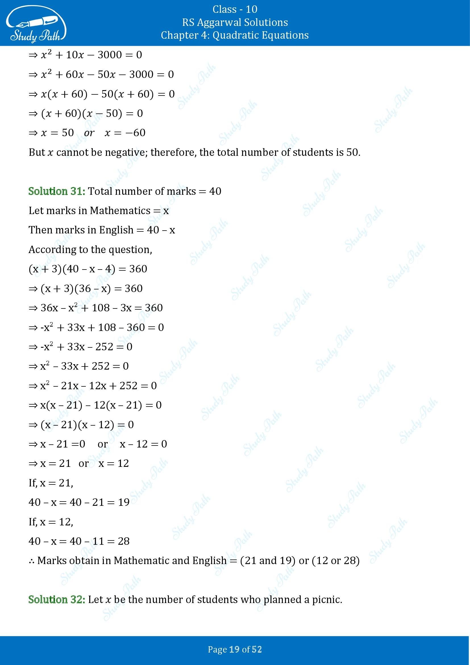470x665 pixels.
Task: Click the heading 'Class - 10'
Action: pyautogui.click(x=235, y=9)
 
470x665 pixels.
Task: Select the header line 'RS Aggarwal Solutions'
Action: pyautogui.click(x=235, y=22)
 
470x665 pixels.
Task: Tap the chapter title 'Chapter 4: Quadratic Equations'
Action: pyautogui.click(x=235, y=35)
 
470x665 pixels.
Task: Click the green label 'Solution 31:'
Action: pyautogui.click(x=57, y=191)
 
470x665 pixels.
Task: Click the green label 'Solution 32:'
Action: pyautogui.click(x=57, y=599)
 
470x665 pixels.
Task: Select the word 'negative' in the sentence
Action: pyautogui.click(x=126, y=152)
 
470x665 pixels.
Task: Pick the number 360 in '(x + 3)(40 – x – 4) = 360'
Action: pyautogui.click(x=138, y=269)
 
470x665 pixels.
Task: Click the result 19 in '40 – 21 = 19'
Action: pyautogui.click(x=124, y=502)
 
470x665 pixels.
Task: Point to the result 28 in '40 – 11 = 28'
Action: pyautogui.click(x=124, y=541)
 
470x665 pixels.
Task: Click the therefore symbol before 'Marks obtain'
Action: pyautogui.click(x=32, y=561)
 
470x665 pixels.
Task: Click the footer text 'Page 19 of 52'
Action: pyautogui.click(x=235, y=649)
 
